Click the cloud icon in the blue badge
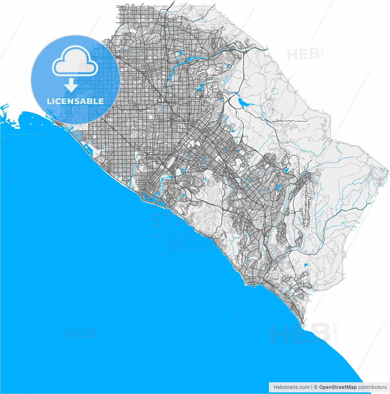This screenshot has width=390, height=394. click(75, 61)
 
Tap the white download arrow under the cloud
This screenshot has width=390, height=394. click(71, 85)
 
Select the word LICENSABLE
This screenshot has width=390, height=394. click(75, 101)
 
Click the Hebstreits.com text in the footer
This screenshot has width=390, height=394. click(291, 387)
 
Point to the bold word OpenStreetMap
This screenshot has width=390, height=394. click(338, 387)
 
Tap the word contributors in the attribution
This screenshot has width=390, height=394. click(372, 387)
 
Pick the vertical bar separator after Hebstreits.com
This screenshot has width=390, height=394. click(312, 387)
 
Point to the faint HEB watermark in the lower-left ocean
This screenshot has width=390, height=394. click(79, 334)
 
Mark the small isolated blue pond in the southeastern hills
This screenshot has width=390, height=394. click(306, 265)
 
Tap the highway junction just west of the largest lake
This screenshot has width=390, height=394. click(228, 101)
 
